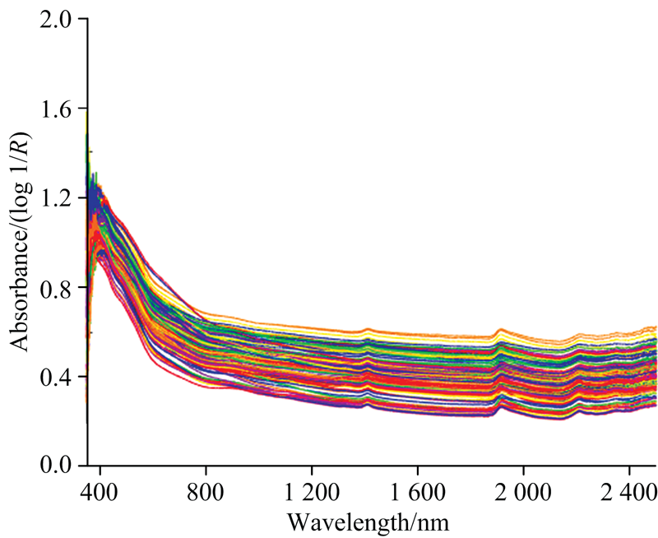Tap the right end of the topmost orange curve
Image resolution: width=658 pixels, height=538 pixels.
656,327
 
